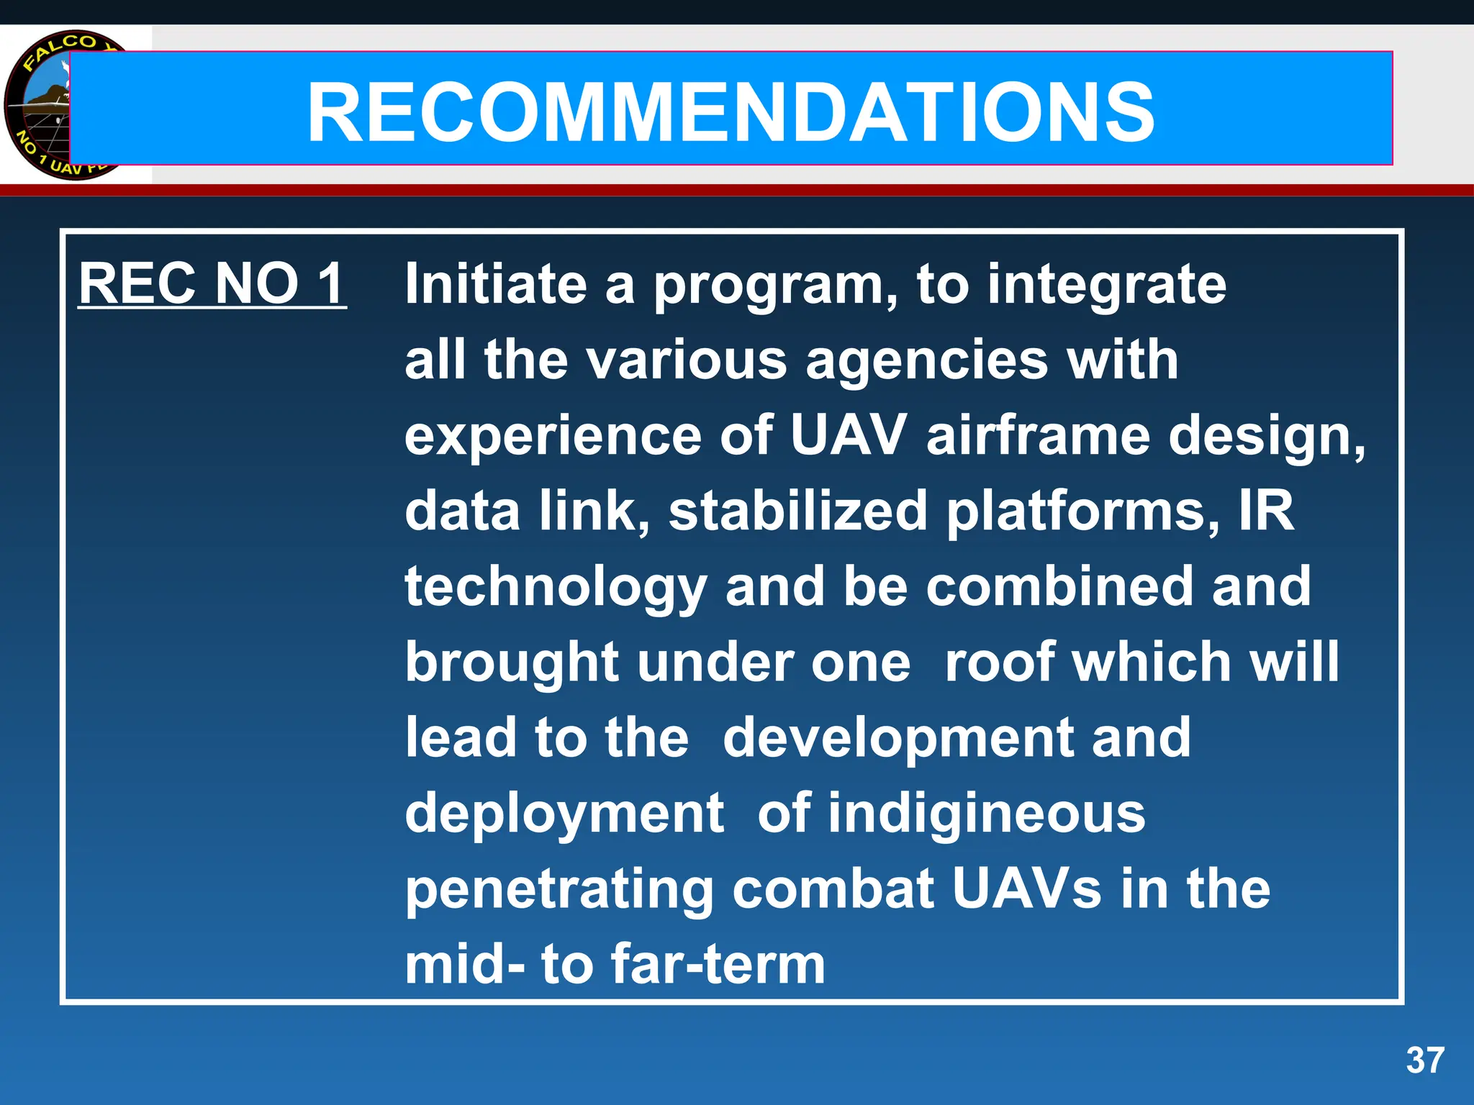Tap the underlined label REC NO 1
[x=212, y=283]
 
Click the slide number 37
[x=1425, y=1060]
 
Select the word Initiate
[x=496, y=283]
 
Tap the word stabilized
[x=797, y=511]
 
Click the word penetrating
[x=559, y=891]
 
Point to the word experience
[x=553, y=437]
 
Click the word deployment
[x=564, y=814]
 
